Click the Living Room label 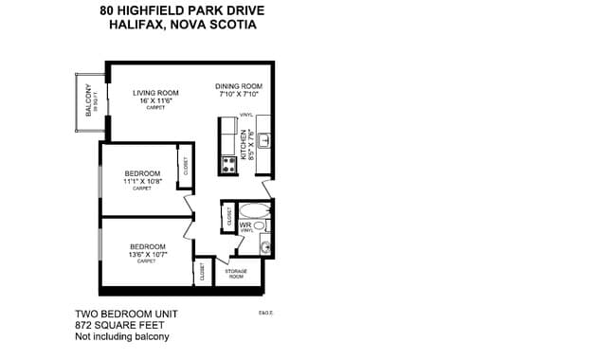point(156,91)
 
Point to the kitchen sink point(265,140)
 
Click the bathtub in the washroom point(253,210)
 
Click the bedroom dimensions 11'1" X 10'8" point(141,181)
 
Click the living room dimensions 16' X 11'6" point(156,100)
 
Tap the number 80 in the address point(107,10)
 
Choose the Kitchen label point(244,145)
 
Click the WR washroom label point(245,225)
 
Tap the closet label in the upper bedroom point(186,167)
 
